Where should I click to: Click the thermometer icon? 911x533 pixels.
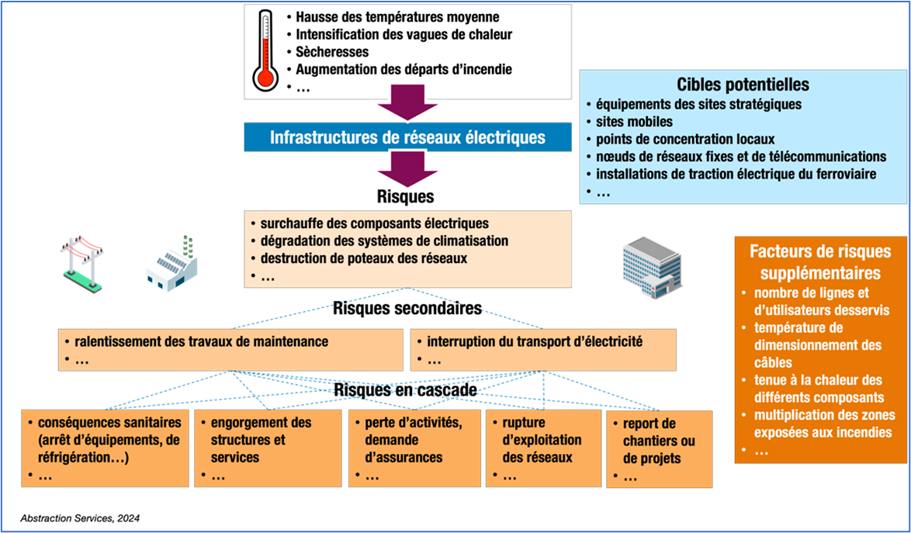coord(265,51)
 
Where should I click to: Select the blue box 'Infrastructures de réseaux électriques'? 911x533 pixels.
coord(407,138)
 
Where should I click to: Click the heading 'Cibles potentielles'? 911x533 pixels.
coord(743,85)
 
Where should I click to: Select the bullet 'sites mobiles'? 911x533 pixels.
coord(634,122)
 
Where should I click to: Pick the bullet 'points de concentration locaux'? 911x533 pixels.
coord(685,140)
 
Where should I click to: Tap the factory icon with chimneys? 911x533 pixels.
coord(171,265)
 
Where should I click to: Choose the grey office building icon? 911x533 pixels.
coord(652,268)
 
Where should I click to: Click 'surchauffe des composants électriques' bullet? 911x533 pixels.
coord(374,223)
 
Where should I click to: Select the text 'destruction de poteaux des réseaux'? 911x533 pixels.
coord(363,258)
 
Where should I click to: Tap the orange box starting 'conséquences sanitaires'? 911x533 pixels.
coord(105,448)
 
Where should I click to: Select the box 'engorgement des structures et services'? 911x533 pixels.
coord(267,448)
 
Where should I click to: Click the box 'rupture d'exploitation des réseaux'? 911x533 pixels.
coord(542,448)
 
